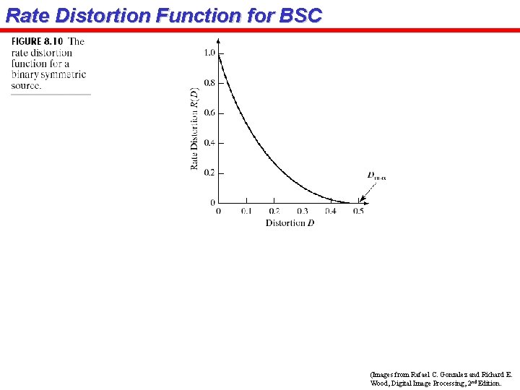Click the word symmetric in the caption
pos(64,74)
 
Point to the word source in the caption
pos(25,85)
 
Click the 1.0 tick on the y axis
pos(209,53)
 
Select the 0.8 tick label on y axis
pos(209,83)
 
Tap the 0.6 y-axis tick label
pos(209,113)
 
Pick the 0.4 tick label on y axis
pos(209,143)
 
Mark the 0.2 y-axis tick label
pos(209,173)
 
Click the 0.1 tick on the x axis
pos(246,211)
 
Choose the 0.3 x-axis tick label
pos(302,211)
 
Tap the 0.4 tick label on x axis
pos(330,211)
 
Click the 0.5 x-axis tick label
pos(358,211)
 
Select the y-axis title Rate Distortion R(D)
pos(195,129)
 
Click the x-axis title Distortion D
pos(290,223)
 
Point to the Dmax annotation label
pos(376,175)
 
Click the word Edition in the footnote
pos(487,383)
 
